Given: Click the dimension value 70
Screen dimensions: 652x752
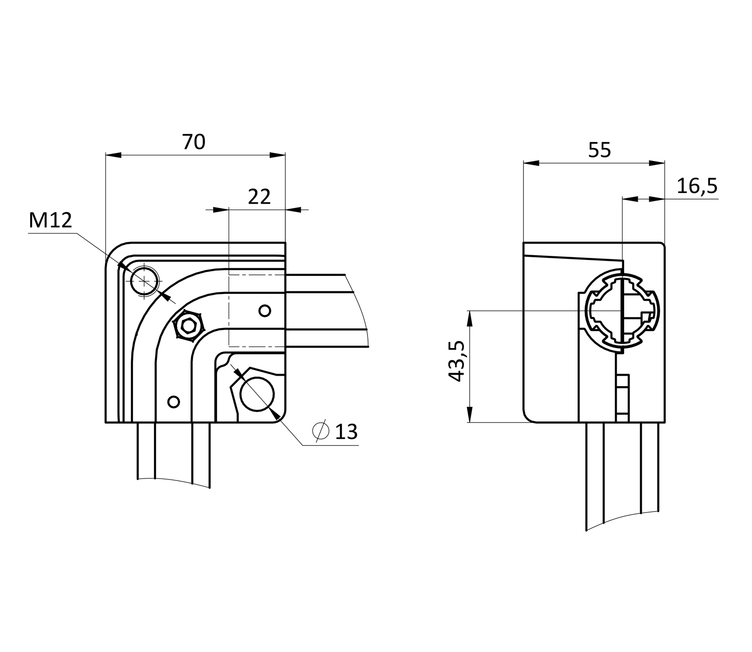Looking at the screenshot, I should [194, 142].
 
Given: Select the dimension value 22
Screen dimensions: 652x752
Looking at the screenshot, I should [259, 197].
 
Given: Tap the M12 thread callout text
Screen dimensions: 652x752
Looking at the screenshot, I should [50, 220].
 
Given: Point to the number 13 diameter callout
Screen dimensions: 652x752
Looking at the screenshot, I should [346, 431].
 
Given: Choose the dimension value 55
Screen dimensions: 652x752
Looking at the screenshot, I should [600, 150].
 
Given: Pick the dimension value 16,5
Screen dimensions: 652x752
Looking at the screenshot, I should [697, 186].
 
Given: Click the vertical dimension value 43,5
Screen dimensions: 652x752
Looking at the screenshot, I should [457, 361].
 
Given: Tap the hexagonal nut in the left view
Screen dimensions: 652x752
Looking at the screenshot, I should [189, 326].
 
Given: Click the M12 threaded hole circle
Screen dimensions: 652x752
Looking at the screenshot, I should [144, 281].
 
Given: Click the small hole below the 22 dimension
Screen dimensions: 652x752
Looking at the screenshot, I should [265, 311].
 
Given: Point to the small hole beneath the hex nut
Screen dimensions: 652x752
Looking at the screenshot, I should [173, 402].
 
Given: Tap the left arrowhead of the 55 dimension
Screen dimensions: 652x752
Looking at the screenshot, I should [531, 163].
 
